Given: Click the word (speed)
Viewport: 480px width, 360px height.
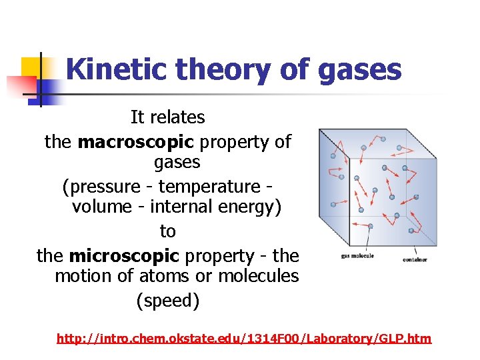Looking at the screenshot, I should [x=168, y=301].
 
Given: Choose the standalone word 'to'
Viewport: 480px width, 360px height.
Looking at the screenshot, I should [x=167, y=231].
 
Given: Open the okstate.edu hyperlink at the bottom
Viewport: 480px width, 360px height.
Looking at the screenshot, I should [x=244, y=339].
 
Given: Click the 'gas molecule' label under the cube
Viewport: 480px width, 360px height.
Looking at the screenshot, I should [x=357, y=255].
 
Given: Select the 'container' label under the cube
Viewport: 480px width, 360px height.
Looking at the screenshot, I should [x=415, y=259].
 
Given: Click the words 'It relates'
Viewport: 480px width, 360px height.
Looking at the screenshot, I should [x=167, y=117].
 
